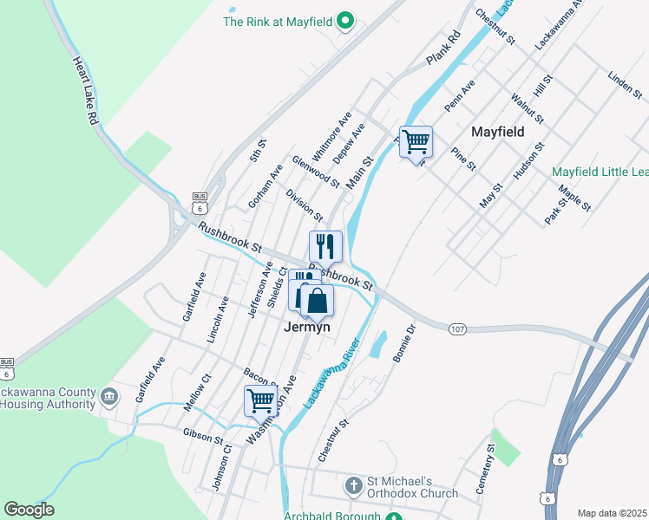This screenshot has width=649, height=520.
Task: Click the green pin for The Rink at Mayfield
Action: click(x=345, y=22)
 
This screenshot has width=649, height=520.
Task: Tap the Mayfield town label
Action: click(x=498, y=133)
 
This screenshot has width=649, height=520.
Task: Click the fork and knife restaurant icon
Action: click(x=325, y=246)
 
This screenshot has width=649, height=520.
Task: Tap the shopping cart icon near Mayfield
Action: click(x=416, y=140)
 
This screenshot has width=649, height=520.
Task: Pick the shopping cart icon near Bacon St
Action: click(x=259, y=400)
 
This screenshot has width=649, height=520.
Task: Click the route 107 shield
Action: click(x=458, y=329)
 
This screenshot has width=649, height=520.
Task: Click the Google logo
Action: click(x=29, y=510)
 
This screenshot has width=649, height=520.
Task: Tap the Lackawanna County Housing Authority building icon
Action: click(x=109, y=397)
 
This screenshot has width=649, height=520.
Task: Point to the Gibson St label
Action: click(x=203, y=434)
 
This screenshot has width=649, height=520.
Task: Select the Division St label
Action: click(x=304, y=205)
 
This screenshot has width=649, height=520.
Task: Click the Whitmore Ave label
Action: click(x=331, y=136)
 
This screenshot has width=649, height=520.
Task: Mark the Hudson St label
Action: click(x=528, y=161)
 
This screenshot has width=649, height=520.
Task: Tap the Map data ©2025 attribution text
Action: click(x=613, y=513)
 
